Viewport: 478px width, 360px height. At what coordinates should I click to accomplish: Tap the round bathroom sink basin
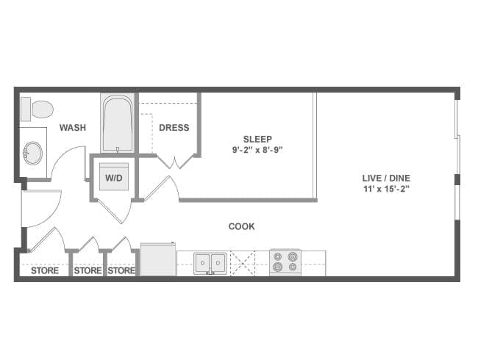click(33, 154)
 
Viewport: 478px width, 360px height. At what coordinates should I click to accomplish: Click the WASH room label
click(73, 128)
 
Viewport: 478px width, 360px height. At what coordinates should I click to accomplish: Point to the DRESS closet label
click(174, 128)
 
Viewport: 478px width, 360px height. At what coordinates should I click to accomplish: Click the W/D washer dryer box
click(114, 177)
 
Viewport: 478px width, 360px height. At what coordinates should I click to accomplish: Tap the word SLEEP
click(257, 139)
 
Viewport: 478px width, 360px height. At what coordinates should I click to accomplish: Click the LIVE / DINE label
click(385, 178)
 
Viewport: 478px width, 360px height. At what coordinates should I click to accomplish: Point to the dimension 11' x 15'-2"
click(385, 189)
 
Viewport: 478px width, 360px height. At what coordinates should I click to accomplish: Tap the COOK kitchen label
click(241, 226)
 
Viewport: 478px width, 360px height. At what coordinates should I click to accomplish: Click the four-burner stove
click(286, 262)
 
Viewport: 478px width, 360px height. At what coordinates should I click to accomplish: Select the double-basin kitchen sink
click(210, 262)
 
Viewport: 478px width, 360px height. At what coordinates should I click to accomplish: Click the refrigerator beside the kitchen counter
click(158, 260)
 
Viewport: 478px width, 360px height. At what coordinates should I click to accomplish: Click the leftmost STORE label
click(44, 270)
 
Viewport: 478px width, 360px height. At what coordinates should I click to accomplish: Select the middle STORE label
click(88, 270)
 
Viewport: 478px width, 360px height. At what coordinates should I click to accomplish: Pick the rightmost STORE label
click(121, 270)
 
